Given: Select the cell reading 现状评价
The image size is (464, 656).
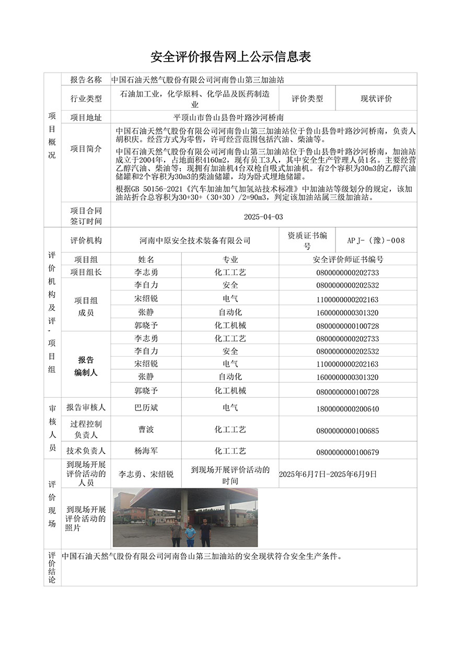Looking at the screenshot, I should (376, 98).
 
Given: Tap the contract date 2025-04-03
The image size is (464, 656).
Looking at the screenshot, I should (263, 217).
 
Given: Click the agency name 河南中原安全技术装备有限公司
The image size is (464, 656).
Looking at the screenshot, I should (195, 240).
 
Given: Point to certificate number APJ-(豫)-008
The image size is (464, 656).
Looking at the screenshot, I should (376, 240).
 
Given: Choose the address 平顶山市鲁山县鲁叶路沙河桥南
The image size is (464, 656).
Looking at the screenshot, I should (228, 118).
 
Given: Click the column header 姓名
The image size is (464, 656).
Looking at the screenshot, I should (146, 259).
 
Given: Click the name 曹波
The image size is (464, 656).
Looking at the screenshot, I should (146, 429).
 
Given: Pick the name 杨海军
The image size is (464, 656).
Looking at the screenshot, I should (146, 451).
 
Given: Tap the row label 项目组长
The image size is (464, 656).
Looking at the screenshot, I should (86, 272).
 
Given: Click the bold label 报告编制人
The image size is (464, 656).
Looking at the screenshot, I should (86, 366).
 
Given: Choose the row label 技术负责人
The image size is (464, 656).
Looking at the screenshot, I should (86, 451).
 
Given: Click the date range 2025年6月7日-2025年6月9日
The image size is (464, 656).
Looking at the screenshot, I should (328, 474).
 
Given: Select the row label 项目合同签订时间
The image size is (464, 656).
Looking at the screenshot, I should (86, 216).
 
